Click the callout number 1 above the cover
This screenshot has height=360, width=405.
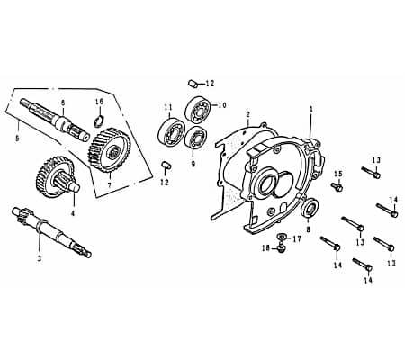[x=310, y=108]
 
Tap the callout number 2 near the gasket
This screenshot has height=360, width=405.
[x=247, y=114]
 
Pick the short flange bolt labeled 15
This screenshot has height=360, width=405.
[x=337, y=186]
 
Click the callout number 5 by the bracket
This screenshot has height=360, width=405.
[x=17, y=139]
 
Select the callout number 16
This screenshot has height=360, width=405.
[x=99, y=102]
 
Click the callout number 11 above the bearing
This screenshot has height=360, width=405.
[x=167, y=109]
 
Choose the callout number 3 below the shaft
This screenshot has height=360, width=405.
[x=39, y=257]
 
